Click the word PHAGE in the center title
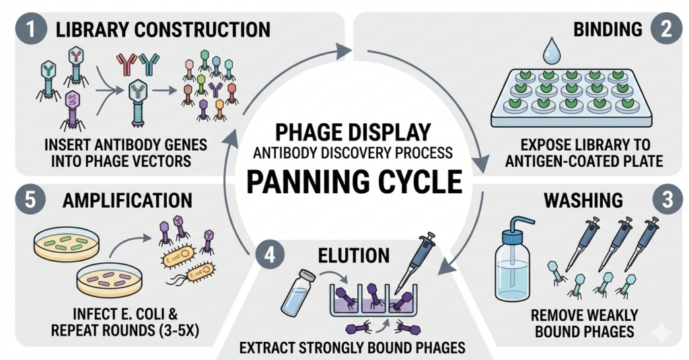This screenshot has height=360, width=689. click(x=300, y=131)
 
